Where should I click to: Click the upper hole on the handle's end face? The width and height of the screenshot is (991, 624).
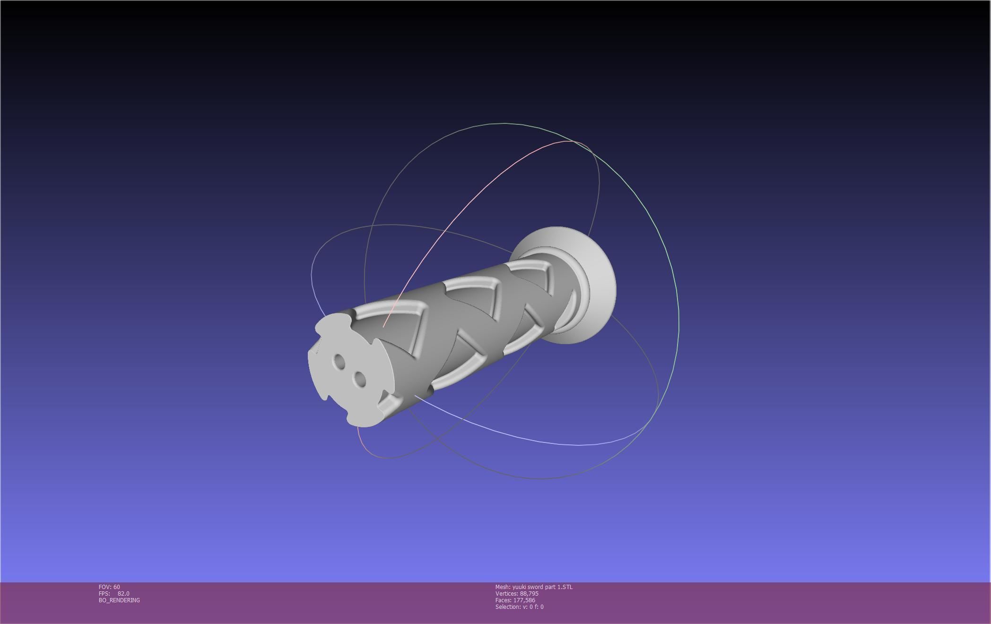[x=339, y=362]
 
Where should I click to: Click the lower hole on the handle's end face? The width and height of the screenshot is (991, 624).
[x=360, y=379]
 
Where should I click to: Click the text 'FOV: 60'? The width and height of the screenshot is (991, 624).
[x=109, y=587]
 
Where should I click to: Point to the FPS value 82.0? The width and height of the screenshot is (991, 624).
[x=123, y=594]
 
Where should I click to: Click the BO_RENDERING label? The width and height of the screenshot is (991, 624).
[x=119, y=600]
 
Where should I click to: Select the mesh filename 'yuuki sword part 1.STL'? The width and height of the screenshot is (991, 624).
[x=542, y=587]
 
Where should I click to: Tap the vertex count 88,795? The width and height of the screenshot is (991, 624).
[x=529, y=594]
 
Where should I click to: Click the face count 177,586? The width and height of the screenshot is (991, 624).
[x=524, y=600]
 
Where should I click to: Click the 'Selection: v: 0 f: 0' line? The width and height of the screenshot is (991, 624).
[x=519, y=607]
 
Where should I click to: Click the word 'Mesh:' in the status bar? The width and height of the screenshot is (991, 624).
[x=503, y=587]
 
